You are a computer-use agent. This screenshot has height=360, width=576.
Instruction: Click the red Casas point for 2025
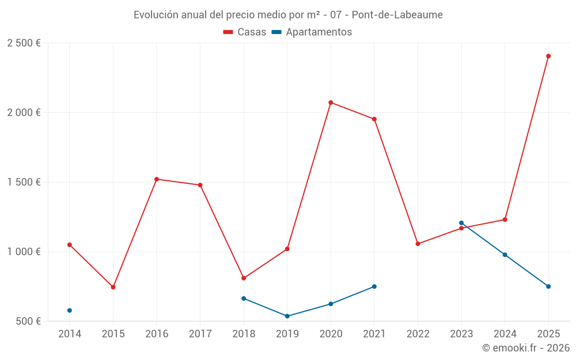(x=548, y=56)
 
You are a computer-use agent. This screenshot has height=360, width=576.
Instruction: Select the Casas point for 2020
(x=331, y=103)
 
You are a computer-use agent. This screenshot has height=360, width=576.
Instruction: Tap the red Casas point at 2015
(x=113, y=287)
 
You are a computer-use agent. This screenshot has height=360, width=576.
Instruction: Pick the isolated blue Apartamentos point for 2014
(x=70, y=310)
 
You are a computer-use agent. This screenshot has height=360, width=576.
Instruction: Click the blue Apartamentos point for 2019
(x=287, y=316)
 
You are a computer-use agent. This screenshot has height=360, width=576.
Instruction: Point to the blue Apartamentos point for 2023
(x=461, y=223)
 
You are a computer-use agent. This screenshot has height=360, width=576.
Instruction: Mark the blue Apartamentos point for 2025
(x=548, y=286)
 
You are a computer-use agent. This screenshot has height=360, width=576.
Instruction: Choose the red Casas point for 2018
(x=244, y=278)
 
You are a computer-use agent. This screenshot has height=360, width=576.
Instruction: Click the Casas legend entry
(x=245, y=32)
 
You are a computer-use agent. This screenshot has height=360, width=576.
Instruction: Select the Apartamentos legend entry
(x=312, y=32)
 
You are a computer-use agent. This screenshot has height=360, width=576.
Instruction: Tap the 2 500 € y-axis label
(x=24, y=43)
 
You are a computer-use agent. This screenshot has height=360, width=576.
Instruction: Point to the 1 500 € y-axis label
(x=24, y=182)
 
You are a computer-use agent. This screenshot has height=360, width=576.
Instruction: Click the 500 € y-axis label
(x=27, y=321)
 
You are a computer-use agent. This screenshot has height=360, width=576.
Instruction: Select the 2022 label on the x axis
(x=418, y=334)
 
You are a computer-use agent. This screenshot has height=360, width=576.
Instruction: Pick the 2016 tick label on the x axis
(x=157, y=334)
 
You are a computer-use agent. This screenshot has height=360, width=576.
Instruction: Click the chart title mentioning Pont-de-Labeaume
(x=288, y=14)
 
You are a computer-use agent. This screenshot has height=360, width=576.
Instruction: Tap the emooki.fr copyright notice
(x=525, y=348)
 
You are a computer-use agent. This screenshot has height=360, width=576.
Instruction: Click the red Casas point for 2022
(x=418, y=244)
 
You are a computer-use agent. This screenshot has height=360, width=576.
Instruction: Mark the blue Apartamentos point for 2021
(x=374, y=286)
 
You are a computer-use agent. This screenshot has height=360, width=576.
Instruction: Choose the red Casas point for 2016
(x=157, y=179)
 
